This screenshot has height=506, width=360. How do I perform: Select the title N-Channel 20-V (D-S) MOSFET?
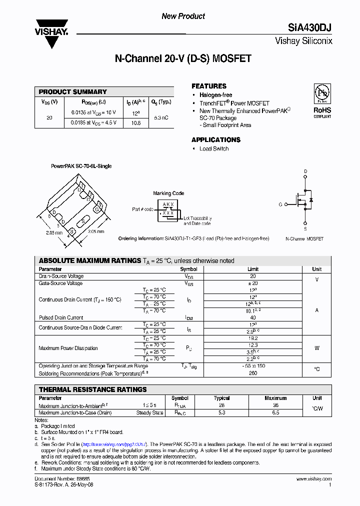coord(183,59)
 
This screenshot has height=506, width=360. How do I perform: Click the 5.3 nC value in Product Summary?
coord(161,117)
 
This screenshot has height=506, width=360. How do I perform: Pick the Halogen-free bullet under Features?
coord(215,95)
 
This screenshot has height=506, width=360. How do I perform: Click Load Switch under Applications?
coord(214,148)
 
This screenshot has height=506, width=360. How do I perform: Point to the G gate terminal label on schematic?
coord(280,204)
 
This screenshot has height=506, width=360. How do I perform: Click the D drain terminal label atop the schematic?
coord(305,171)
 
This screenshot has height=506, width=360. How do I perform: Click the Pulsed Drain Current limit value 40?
coord(253,317)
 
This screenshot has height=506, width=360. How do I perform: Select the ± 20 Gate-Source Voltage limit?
coord(253,283)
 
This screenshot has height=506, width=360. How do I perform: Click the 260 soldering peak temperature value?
coord(253,373)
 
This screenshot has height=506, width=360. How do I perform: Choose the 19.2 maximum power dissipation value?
coord(253,338)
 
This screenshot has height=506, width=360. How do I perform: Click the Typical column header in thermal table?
coord(221,398)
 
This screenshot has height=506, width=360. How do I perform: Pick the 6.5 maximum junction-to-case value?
coord(275,412)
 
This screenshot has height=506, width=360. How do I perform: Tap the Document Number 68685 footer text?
coord(55,479)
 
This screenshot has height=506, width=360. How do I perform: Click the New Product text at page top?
coord(183,16)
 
